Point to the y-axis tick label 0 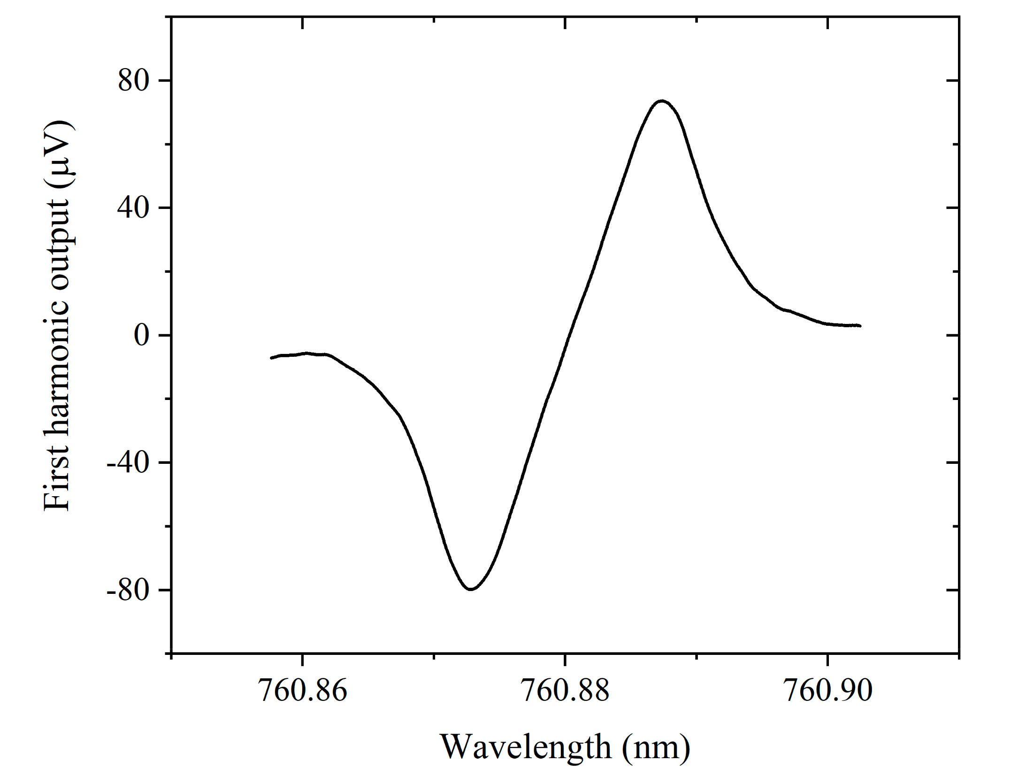click(x=141, y=335)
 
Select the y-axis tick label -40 click(x=128, y=463)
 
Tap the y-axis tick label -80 click(x=128, y=590)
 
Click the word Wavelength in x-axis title click(x=526, y=747)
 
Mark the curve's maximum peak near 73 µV click(x=661, y=101)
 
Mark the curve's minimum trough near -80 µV click(x=471, y=589)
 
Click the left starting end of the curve click(x=272, y=358)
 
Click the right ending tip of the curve click(x=860, y=325)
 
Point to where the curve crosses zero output click(x=569, y=335)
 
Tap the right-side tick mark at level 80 click(x=952, y=81)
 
